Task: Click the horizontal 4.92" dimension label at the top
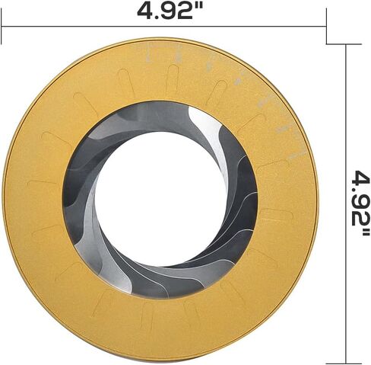[170, 11]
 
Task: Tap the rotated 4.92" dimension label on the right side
[360, 203]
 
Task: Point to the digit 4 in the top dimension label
[146, 11]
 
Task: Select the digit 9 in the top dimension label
[170, 11]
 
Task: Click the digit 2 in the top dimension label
[188, 11]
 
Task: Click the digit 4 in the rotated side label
[360, 179]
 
